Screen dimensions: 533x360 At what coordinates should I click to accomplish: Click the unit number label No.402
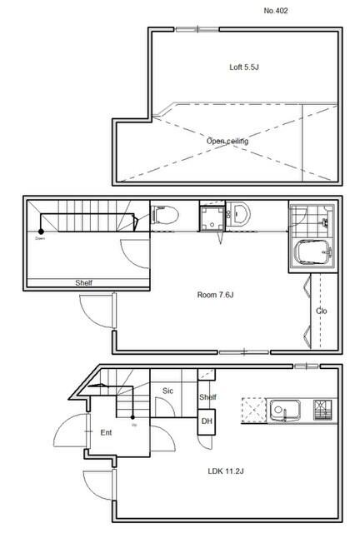[x=277, y=11]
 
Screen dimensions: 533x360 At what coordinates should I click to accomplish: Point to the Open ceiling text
[x=227, y=141]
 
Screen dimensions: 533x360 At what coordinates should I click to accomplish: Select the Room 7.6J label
[x=216, y=294]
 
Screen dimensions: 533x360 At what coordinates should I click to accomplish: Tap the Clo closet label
[x=322, y=311]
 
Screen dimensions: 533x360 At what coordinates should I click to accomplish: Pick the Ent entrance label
[x=107, y=432]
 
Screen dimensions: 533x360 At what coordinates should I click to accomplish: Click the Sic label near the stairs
[x=167, y=390]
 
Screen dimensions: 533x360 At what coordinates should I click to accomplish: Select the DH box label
[x=207, y=422]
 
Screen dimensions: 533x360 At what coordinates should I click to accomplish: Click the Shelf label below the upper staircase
[x=84, y=283]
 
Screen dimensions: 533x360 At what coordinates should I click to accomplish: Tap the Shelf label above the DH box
[x=207, y=397]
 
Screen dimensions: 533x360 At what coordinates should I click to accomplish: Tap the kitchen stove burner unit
[x=323, y=409]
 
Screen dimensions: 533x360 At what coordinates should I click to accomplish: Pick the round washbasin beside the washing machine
[x=239, y=214]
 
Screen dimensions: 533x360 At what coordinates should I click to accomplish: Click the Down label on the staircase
[x=40, y=238]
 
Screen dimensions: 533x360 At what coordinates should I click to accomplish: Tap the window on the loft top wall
[x=197, y=29]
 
